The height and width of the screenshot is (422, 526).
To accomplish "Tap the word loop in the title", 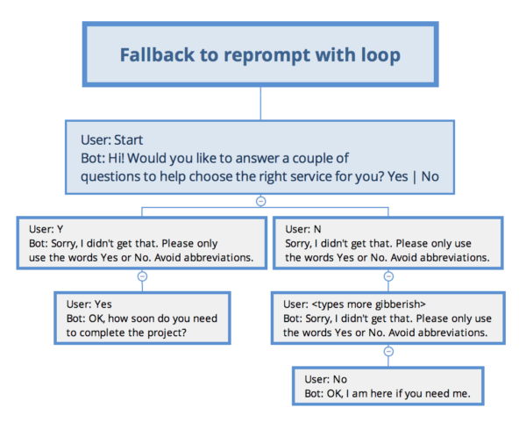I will [379, 55].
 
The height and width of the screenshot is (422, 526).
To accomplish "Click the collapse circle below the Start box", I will [260, 201].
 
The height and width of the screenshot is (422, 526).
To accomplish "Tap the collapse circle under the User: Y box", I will [142, 275].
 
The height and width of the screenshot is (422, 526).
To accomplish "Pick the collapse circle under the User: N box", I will [388, 275].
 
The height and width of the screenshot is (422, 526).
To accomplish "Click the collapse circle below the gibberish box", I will [388, 351].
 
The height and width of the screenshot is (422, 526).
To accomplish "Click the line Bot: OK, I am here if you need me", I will [387, 393].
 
